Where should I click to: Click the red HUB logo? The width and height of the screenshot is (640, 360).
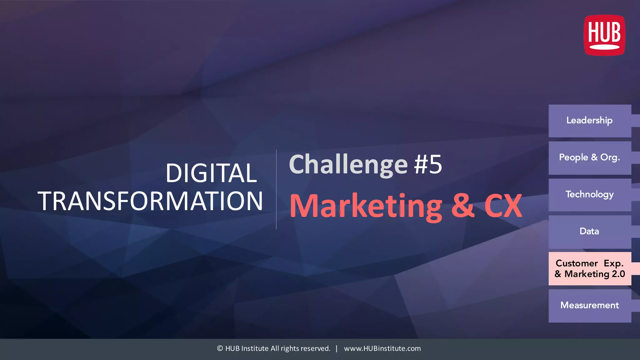point(604,35)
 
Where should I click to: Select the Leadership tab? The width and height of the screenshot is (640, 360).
point(590,121)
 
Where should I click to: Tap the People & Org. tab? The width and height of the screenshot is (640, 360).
point(590,157)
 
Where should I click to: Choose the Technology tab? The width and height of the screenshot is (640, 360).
point(590,195)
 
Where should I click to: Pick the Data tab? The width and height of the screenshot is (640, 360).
point(590,232)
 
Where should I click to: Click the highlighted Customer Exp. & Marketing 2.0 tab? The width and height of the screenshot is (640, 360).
point(590,268)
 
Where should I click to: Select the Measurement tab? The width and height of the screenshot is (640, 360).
point(590,305)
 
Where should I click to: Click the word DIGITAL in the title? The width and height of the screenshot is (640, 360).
point(211,173)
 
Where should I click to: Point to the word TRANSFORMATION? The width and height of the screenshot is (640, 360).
point(150,201)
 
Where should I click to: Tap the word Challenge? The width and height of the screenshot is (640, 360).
point(348,165)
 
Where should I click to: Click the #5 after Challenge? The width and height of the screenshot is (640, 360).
point(428,165)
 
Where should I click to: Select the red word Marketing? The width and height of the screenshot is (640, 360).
point(366,206)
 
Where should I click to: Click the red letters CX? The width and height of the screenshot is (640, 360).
point(503,206)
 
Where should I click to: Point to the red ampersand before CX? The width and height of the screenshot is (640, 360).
point(463,206)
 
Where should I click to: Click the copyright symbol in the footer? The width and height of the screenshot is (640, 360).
point(220,348)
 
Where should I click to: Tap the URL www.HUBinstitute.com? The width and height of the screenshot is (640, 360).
point(382,348)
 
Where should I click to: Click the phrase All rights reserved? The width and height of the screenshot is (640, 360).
point(300,348)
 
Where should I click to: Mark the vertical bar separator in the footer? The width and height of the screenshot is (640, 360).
point(337,348)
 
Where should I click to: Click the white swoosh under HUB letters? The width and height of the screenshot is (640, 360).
point(604,47)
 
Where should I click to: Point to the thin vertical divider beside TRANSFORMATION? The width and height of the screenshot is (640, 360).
point(276,189)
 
